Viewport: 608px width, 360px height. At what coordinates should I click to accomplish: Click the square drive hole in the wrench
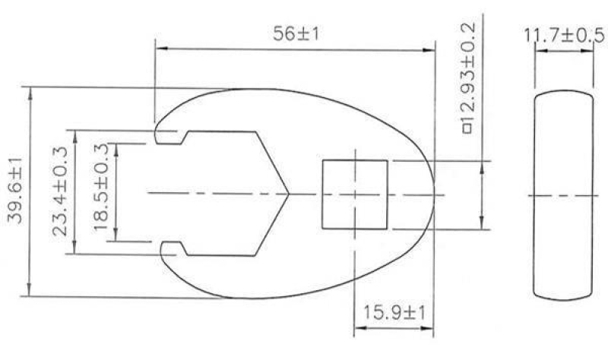(354, 194)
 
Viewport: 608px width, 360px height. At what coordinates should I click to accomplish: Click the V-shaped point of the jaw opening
(288, 194)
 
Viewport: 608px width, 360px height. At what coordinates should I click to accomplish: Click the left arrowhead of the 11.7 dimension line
(538, 50)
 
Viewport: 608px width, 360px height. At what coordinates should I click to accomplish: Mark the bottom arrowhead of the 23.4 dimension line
(74, 251)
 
